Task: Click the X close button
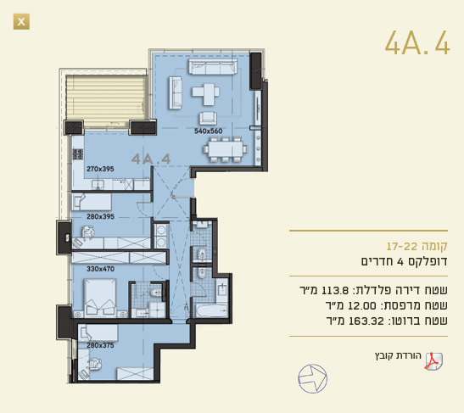[x=21, y=21]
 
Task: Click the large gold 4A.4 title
[x=417, y=43]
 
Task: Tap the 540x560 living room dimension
[x=209, y=131]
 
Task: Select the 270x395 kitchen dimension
[x=100, y=169]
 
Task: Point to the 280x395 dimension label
[x=101, y=216]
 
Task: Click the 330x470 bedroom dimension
[x=101, y=269]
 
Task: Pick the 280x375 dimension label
[x=100, y=345]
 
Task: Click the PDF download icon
[x=433, y=361]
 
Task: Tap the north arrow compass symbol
[x=312, y=379]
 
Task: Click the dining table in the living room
[x=226, y=149]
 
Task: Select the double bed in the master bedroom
[x=100, y=298]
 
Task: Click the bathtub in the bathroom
[x=210, y=310]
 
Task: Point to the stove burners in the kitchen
[x=78, y=154]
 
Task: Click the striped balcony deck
[x=107, y=102]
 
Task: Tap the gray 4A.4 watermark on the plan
[x=151, y=159]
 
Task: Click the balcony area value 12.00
[x=358, y=305]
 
